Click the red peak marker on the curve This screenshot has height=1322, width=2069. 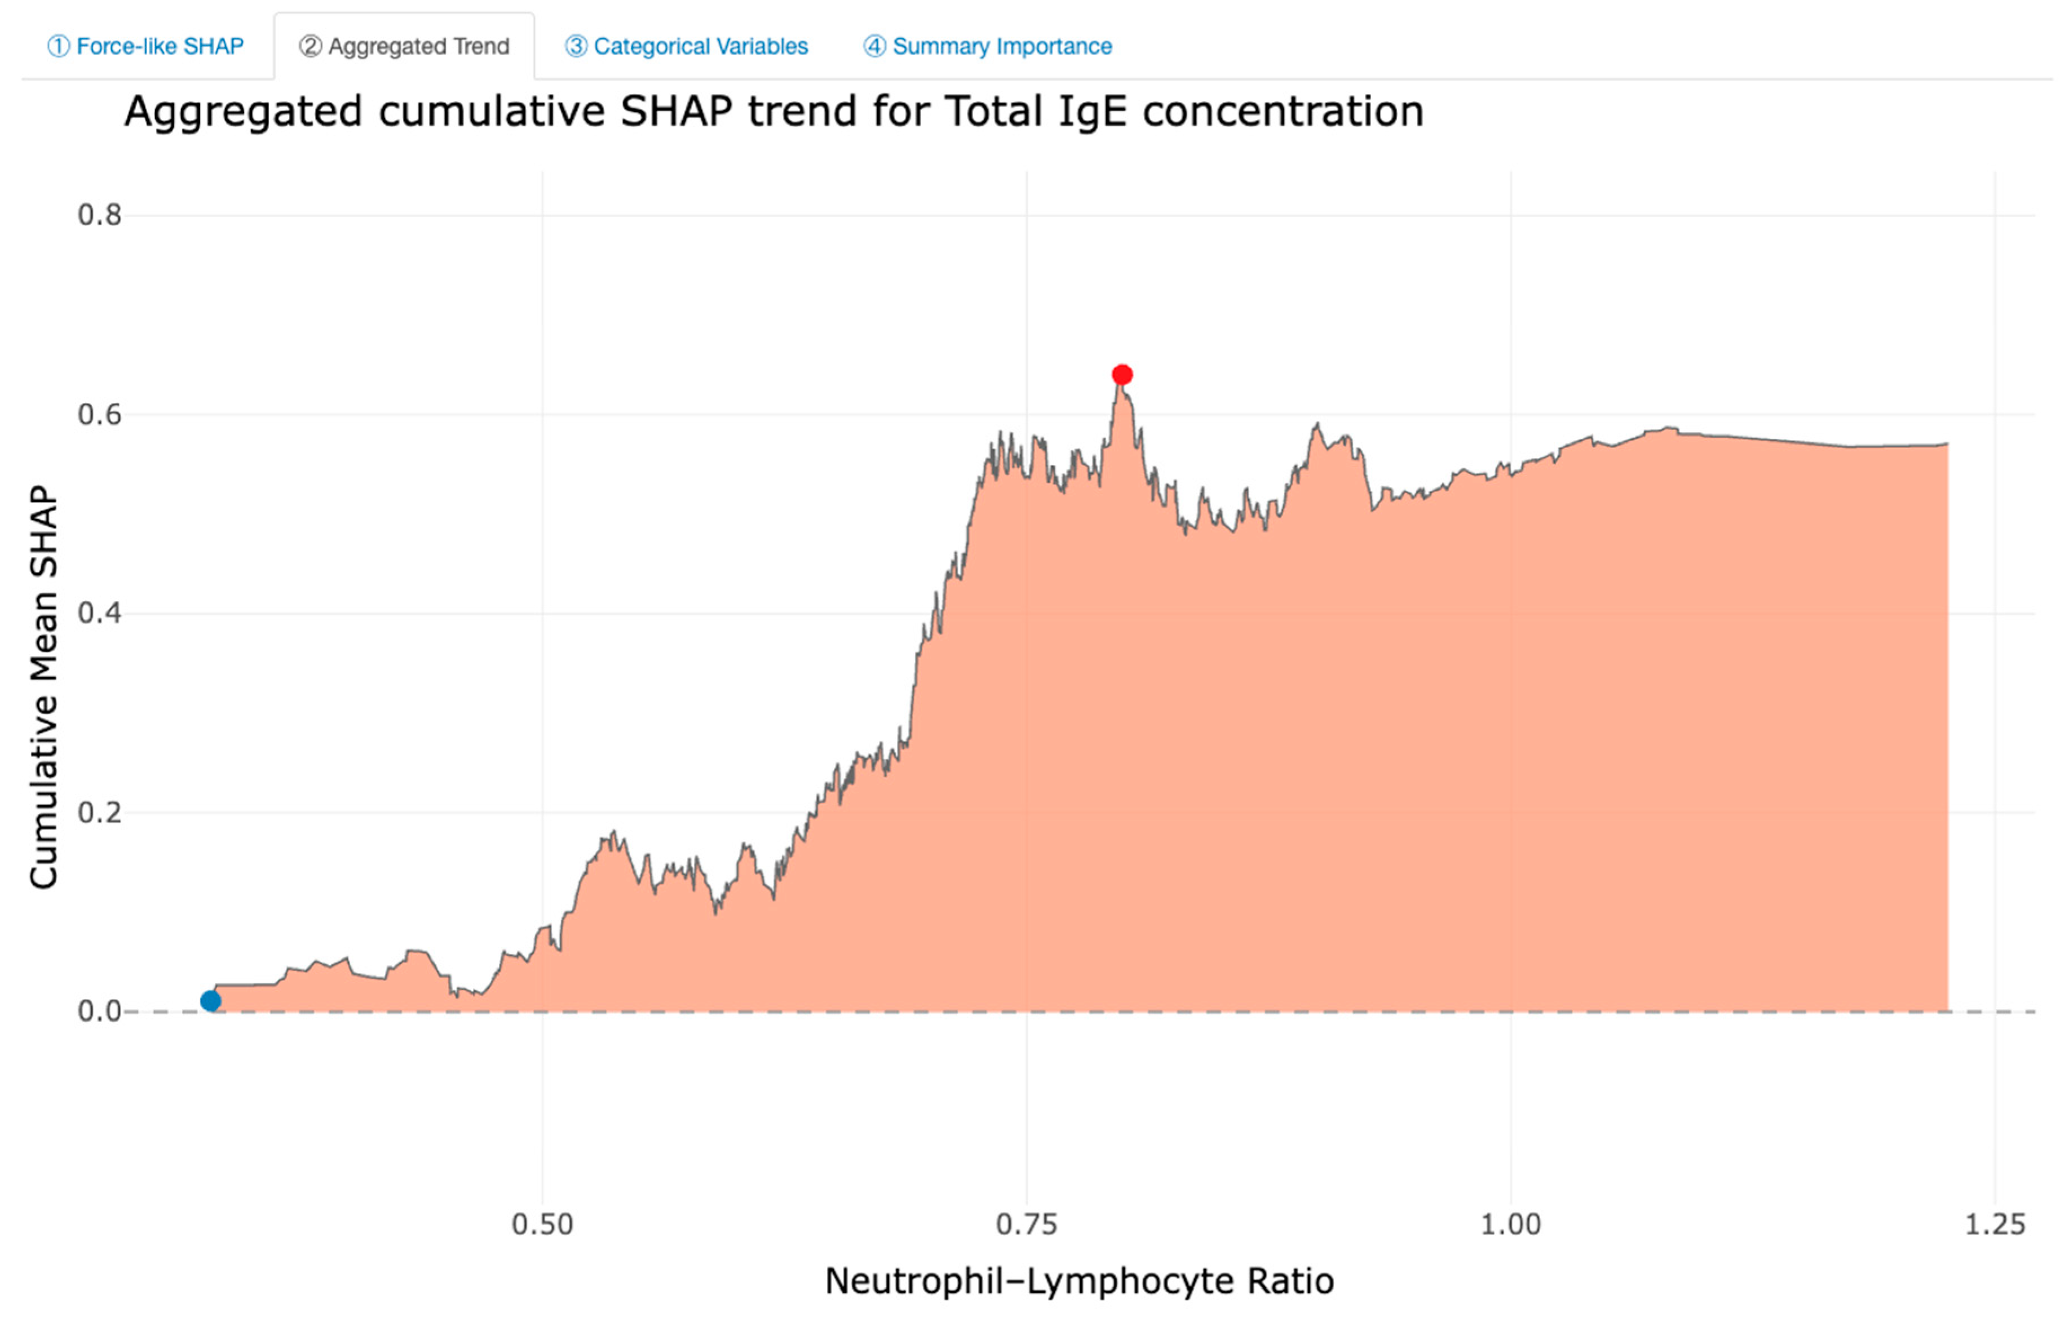[x=1121, y=375]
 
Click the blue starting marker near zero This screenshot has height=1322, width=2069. [x=210, y=1001]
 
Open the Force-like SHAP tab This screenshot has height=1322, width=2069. [x=145, y=46]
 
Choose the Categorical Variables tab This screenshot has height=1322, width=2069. [x=687, y=46]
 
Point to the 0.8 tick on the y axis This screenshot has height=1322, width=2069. [x=100, y=215]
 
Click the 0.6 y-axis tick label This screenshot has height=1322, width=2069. [x=100, y=415]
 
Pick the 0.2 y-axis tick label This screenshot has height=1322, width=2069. [x=100, y=813]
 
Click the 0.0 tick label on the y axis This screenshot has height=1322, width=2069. [x=100, y=1012]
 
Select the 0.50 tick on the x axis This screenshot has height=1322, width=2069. [x=542, y=1224]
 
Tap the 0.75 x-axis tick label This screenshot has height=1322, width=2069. [x=1026, y=1224]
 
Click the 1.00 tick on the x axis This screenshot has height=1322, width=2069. [x=1510, y=1224]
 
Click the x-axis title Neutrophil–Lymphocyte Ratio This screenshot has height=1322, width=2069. [x=1079, y=1281]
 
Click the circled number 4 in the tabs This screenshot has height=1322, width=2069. [x=874, y=46]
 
